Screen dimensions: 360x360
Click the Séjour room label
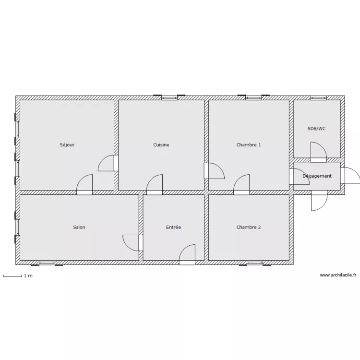coord(67,144)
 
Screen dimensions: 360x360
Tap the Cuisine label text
coord(161,144)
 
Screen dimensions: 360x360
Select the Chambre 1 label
coord(249,144)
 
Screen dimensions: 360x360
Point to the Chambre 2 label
coord(249,227)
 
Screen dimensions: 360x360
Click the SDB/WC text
coord(317,129)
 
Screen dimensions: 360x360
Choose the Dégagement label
coord(317,176)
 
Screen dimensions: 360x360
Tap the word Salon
coord(79,227)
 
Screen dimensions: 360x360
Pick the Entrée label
coord(173,227)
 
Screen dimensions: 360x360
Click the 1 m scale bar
coord(12,276)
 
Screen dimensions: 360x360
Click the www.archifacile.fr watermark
coord(338,275)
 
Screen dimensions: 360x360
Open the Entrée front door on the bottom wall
coord(187,254)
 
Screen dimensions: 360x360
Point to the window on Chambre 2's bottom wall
coord(255,263)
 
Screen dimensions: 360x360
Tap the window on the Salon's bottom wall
coord(47,263)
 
